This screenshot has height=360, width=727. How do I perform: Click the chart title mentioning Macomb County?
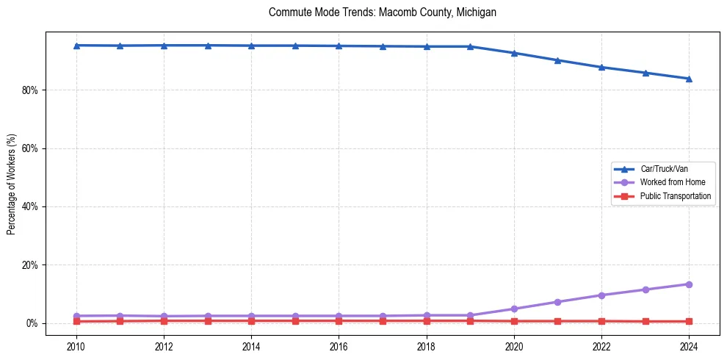click(383, 12)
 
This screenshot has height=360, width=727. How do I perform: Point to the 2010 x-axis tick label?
click(76, 345)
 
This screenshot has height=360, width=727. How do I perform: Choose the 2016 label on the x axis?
click(339, 345)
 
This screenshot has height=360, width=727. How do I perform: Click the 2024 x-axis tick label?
click(689, 345)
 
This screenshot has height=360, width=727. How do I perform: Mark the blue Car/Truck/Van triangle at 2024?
click(689, 79)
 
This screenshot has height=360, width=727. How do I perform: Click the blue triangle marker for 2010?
click(76, 46)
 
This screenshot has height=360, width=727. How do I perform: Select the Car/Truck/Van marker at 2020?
click(514, 53)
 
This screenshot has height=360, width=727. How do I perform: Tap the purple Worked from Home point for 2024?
click(689, 284)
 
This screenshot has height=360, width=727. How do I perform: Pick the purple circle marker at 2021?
click(557, 302)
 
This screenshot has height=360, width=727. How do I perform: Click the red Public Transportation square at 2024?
click(689, 321)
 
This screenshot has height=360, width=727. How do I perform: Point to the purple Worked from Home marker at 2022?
click(601, 295)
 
